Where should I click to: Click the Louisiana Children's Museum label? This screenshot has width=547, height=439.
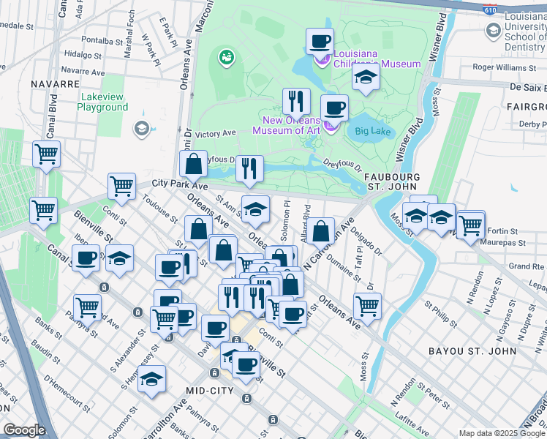coord(376,59)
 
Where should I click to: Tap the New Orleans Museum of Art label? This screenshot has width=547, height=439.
coord(286,125)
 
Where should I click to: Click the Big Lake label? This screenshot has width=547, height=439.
coord(374,132)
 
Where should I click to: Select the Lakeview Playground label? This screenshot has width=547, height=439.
coord(102,102)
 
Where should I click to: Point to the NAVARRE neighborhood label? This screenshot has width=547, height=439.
coord(55,84)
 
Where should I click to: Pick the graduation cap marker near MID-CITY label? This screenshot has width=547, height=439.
coord(152,378)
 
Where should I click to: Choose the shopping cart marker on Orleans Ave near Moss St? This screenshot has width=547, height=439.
coord(367,305)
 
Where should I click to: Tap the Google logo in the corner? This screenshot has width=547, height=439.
coord(24,430)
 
